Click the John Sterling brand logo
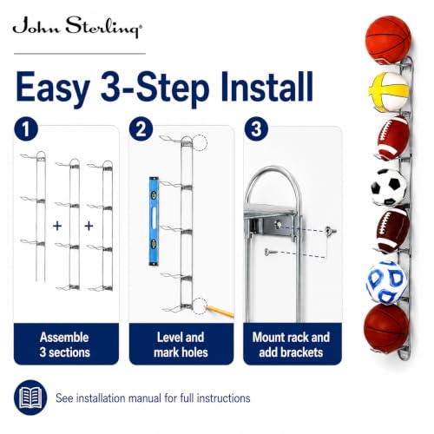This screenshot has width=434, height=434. coord(77,27)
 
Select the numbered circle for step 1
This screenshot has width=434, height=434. coord(26,129)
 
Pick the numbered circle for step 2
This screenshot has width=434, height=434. coord(141,129)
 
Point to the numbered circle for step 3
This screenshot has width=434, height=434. coord(256,129)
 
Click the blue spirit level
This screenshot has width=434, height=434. coord(154,221)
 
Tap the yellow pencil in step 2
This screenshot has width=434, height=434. coord(220,312)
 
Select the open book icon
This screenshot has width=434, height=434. coord(30,398)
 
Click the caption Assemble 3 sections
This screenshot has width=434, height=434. coord(65,345)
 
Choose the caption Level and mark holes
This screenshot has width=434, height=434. coord(181,345)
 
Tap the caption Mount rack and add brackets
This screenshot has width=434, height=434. coord(291,345)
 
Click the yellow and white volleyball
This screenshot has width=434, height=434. coord(388,92)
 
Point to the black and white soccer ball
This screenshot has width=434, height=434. coord(389,187)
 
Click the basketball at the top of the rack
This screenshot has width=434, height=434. coord(388,40)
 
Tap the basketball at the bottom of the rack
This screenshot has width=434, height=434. coord(386,326)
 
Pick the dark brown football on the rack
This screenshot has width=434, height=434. coord(392,231)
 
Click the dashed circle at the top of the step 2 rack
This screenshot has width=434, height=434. coord(200,143)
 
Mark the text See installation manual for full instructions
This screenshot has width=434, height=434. coord(153,398)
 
